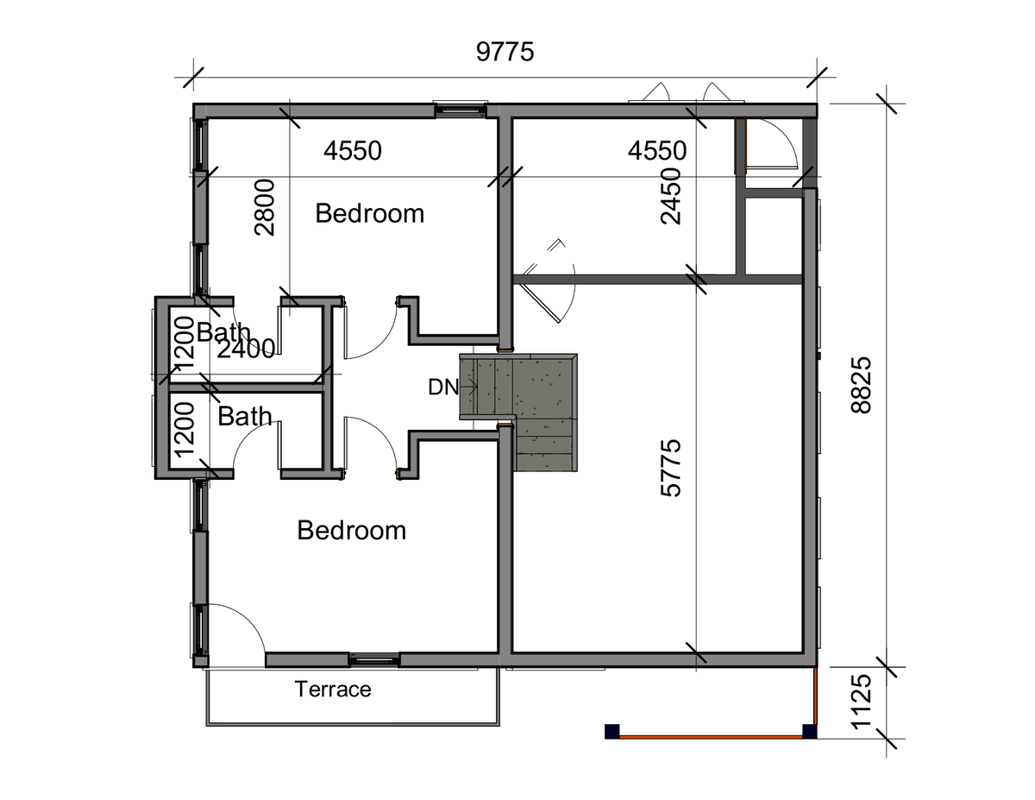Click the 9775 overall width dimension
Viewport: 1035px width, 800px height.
pyautogui.click(x=505, y=52)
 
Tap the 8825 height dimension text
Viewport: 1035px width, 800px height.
pyautogui.click(x=861, y=386)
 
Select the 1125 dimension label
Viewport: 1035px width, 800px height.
pyautogui.click(x=861, y=702)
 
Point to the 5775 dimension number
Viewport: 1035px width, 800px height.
pyautogui.click(x=671, y=469)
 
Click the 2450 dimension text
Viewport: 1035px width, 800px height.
pyautogui.click(x=671, y=196)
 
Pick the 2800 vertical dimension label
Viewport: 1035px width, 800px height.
pyautogui.click(x=265, y=207)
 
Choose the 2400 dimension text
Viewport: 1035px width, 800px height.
pyautogui.click(x=247, y=350)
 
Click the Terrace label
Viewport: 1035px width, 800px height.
pyautogui.click(x=333, y=690)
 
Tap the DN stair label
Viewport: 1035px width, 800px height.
pyautogui.click(x=443, y=387)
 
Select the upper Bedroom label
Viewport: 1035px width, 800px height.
pyautogui.click(x=370, y=213)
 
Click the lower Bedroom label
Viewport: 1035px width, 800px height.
pyautogui.click(x=352, y=531)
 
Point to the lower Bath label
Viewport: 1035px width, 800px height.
pyautogui.click(x=245, y=417)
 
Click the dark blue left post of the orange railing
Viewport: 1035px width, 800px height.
pyautogui.click(x=612, y=731)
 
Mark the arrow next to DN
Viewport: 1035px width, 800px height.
pyautogui.click(x=468, y=387)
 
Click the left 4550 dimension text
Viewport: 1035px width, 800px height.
pyautogui.click(x=353, y=150)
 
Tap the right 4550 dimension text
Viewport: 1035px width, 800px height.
pyautogui.click(x=657, y=150)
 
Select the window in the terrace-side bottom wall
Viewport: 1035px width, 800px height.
pyautogui.click(x=375, y=660)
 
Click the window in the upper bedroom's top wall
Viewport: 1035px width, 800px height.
pyautogui.click(x=460, y=110)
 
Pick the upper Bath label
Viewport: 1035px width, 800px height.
pyautogui.click(x=223, y=332)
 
